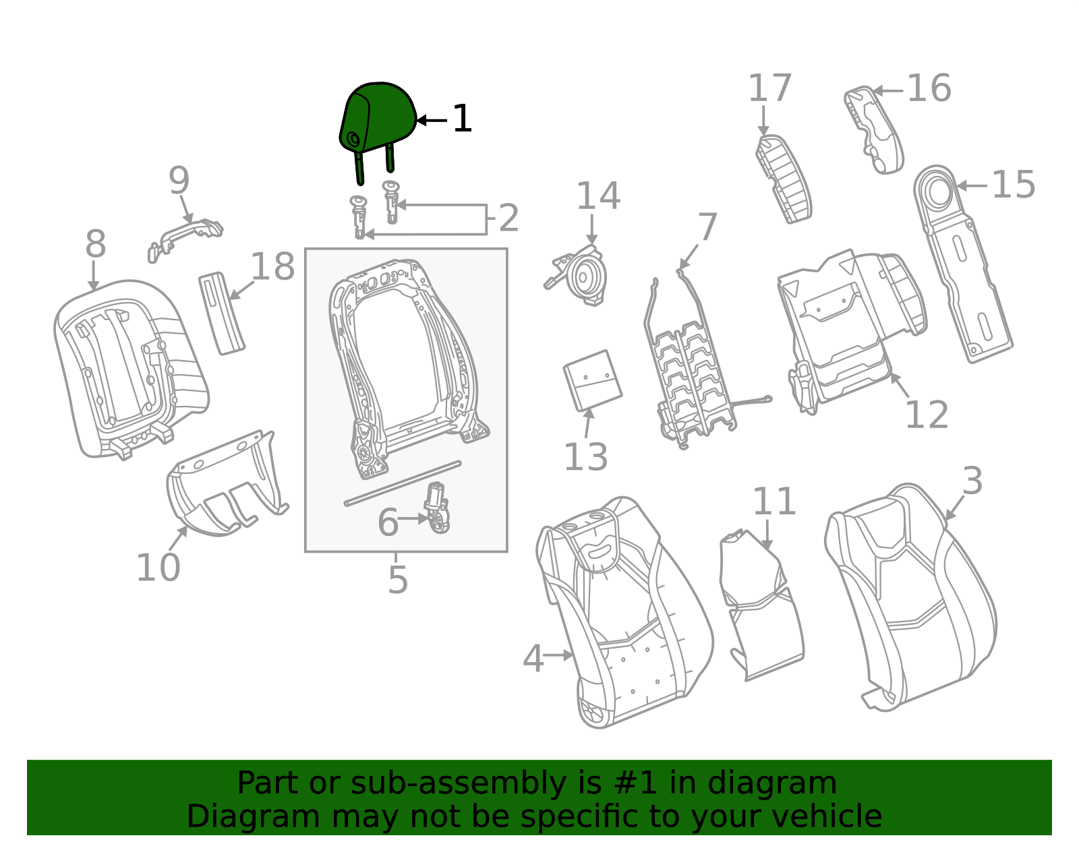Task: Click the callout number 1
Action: click(x=462, y=119)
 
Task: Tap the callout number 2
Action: click(x=508, y=218)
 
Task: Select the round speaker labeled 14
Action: click(x=587, y=276)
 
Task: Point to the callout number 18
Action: click(x=272, y=267)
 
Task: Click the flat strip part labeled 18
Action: click(x=221, y=313)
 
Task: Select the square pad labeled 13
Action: click(x=593, y=380)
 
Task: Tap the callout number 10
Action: click(x=158, y=568)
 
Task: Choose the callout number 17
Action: click(x=769, y=89)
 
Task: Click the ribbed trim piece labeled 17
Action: click(x=783, y=179)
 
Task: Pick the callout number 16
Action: click(x=929, y=89)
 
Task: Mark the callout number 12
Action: click(x=927, y=415)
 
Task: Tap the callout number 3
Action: click(x=972, y=481)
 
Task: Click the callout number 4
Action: click(x=533, y=659)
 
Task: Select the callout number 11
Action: click(x=774, y=502)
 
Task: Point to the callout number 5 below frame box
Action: click(x=398, y=580)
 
